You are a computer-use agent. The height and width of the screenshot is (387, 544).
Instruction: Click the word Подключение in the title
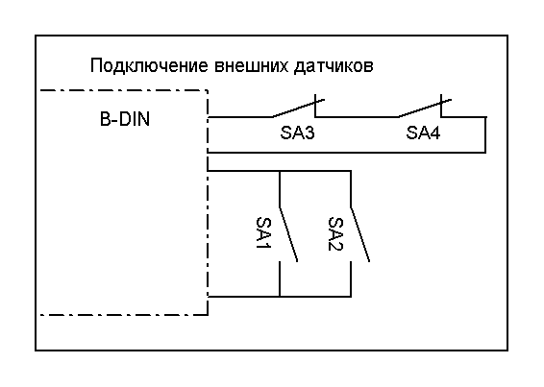149,66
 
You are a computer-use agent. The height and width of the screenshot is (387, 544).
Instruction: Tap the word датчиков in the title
334,66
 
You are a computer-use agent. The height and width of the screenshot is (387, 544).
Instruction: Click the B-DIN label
125,119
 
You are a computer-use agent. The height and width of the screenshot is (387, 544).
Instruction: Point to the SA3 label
297,133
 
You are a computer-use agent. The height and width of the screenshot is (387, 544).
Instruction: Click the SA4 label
423,133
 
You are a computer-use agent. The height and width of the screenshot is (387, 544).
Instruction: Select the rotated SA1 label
263,233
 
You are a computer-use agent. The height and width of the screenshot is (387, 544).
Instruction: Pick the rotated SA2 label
335,233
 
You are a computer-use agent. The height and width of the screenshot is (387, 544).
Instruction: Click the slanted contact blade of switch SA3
298,109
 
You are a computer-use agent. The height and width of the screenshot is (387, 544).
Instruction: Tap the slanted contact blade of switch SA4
425,109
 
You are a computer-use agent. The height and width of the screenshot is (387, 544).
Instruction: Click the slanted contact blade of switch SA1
288,234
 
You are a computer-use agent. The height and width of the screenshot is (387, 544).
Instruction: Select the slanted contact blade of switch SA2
360,234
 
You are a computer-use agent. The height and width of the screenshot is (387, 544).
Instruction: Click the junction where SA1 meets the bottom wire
280,297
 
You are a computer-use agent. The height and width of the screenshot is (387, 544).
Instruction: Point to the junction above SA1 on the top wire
280,171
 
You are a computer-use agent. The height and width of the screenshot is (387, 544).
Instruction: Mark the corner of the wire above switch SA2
351,171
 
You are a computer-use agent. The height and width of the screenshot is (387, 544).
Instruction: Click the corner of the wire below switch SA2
351,297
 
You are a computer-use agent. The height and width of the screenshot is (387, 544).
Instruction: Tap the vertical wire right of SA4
485,134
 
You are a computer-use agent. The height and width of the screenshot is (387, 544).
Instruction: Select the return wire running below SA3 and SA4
346,153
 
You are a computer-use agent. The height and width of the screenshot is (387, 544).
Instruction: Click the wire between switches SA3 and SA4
357,117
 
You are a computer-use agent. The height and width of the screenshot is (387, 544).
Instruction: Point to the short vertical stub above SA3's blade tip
315,106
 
